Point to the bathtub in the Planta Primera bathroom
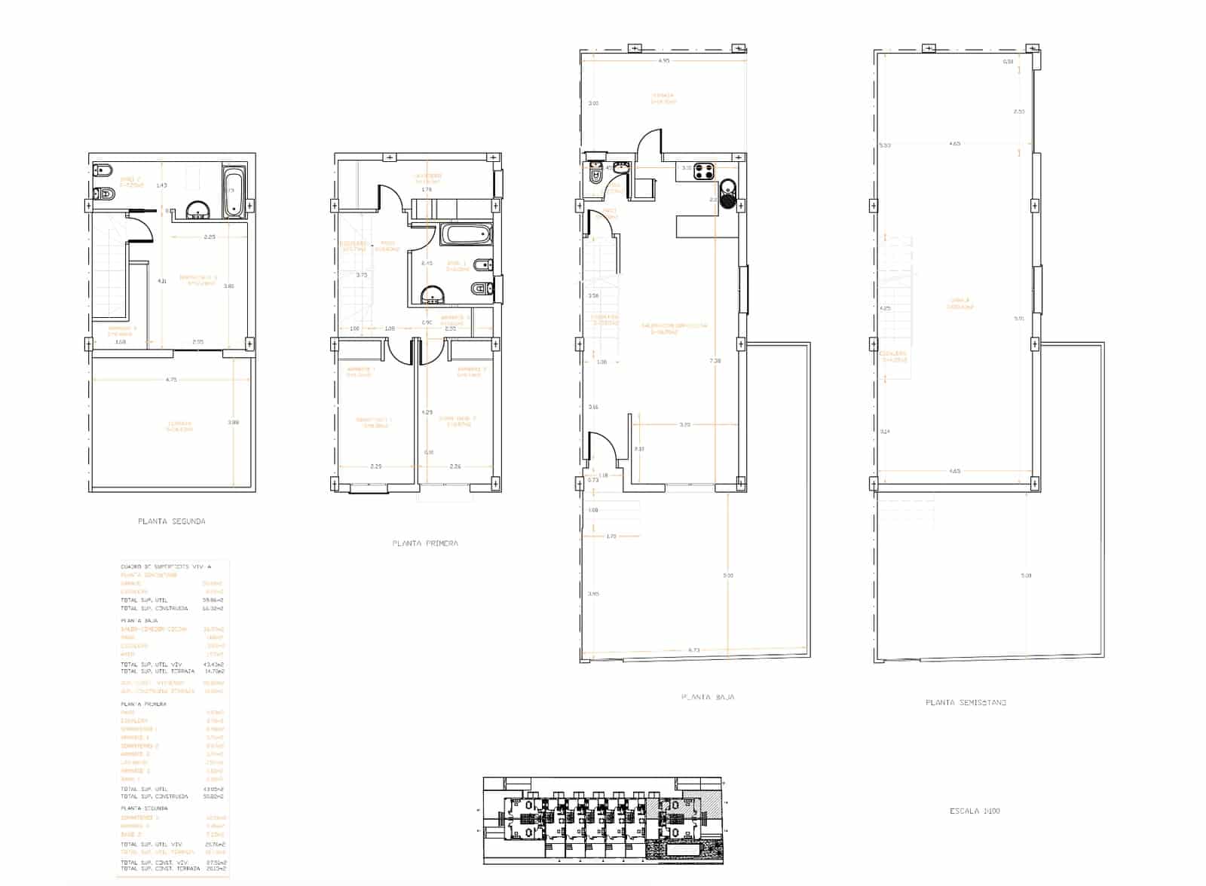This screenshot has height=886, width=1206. (x=465, y=234)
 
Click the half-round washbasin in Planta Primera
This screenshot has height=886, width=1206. (x=433, y=295)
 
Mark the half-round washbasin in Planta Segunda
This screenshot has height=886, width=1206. (x=197, y=210)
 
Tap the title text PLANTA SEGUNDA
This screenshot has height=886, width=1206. (x=172, y=521)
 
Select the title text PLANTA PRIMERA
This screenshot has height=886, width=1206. (x=425, y=543)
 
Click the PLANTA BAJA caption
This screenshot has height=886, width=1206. (x=707, y=698)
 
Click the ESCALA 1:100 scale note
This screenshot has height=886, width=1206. (x=975, y=811)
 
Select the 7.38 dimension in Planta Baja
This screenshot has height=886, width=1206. (x=715, y=361)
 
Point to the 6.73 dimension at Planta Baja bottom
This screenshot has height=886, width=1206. (x=694, y=649)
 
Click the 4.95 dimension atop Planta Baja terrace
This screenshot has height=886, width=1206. (x=663, y=60)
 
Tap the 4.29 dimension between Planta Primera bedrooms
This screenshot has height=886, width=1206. (x=427, y=412)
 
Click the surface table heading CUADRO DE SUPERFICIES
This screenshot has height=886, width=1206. (x=166, y=566)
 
